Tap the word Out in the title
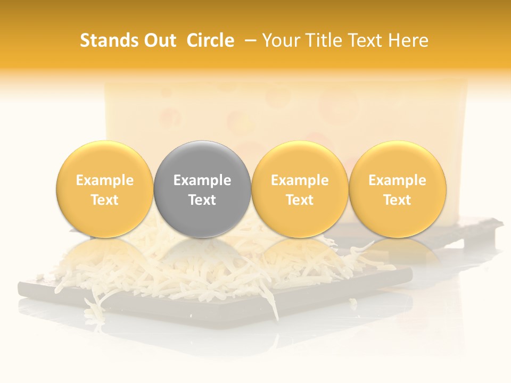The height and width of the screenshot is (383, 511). (158, 40)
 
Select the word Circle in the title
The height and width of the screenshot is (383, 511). (210, 40)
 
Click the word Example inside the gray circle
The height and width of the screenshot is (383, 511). (202, 180)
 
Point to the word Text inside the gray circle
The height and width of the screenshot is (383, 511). (202, 200)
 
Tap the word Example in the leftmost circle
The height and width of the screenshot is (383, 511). (104, 180)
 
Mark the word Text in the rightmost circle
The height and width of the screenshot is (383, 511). (397, 200)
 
